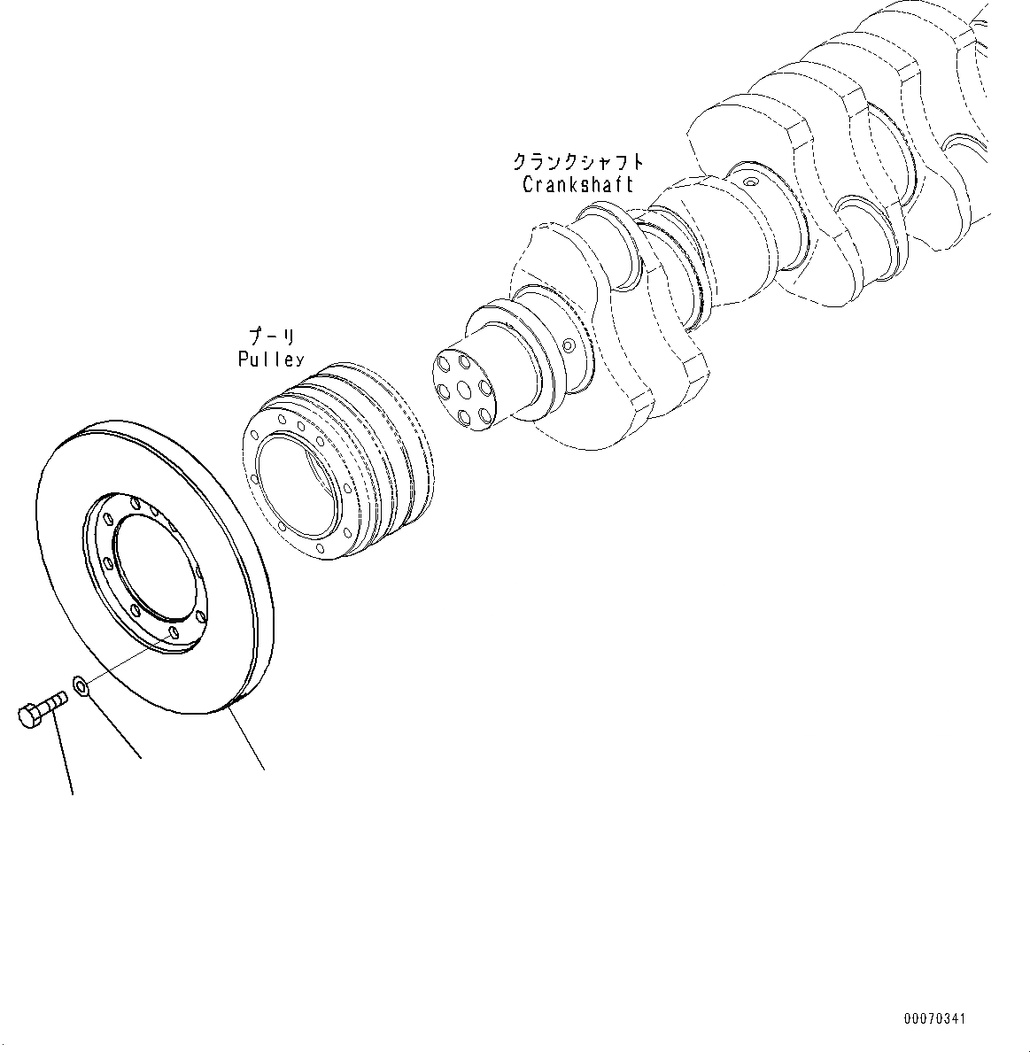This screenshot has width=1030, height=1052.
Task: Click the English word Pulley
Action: (270, 359)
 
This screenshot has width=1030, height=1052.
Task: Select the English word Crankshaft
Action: (577, 185)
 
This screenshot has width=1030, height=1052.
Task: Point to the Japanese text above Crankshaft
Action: (577, 162)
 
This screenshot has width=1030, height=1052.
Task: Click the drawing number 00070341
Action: (934, 1019)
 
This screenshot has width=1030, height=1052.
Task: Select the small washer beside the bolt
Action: (80, 685)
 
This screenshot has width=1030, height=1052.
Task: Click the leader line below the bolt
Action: (63, 753)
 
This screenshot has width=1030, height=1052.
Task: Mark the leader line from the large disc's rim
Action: (248, 739)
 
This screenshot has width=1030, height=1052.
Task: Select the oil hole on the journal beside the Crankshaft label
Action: (751, 182)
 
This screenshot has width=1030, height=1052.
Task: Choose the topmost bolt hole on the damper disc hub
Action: (135, 503)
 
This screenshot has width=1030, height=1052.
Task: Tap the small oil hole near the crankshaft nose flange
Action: (569, 344)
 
